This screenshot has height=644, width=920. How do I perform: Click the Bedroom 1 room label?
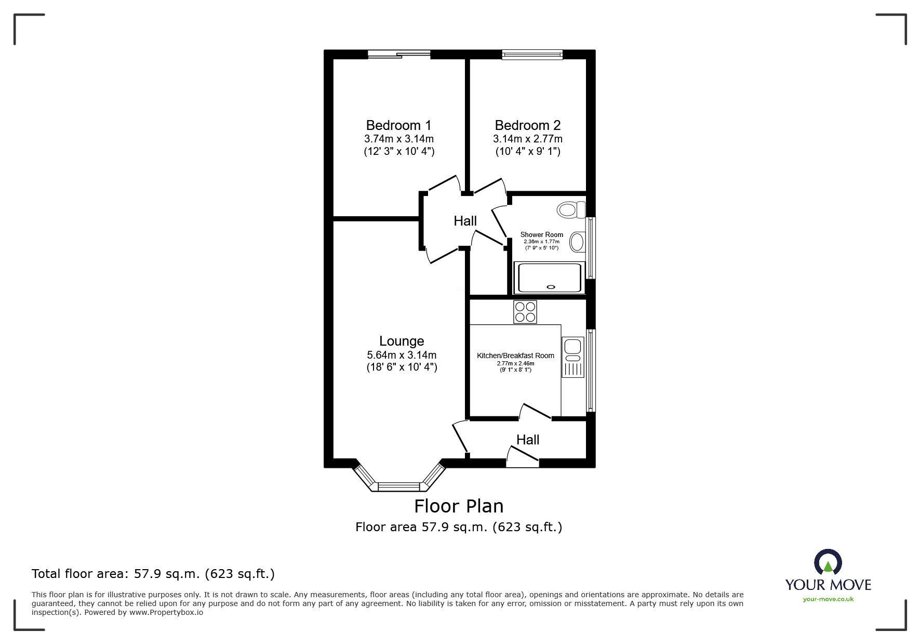point(398,125)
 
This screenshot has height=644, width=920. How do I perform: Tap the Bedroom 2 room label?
point(528,125)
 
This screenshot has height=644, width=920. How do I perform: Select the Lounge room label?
point(402,341)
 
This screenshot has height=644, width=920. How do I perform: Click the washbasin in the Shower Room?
point(577,242)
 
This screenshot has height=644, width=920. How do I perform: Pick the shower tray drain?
point(551,286)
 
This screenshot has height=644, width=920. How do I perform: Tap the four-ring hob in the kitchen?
point(525,312)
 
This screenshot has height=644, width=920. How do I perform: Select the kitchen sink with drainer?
point(572,357)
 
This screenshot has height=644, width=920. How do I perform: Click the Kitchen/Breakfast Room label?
point(515,356)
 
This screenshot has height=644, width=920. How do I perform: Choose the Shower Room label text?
point(542,234)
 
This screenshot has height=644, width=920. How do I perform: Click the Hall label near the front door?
point(528,440)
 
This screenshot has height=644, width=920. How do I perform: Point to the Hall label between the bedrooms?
point(465,221)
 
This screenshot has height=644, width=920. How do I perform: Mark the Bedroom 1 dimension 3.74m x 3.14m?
point(399,139)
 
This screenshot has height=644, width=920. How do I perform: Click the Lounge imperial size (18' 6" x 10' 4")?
point(402,367)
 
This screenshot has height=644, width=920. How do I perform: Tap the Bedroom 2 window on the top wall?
point(532,54)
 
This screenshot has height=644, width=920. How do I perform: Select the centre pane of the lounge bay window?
point(398,487)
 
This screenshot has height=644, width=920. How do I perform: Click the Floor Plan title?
point(459,506)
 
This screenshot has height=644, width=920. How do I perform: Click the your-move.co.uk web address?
point(828,599)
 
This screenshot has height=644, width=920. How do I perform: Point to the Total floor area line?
point(153,574)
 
